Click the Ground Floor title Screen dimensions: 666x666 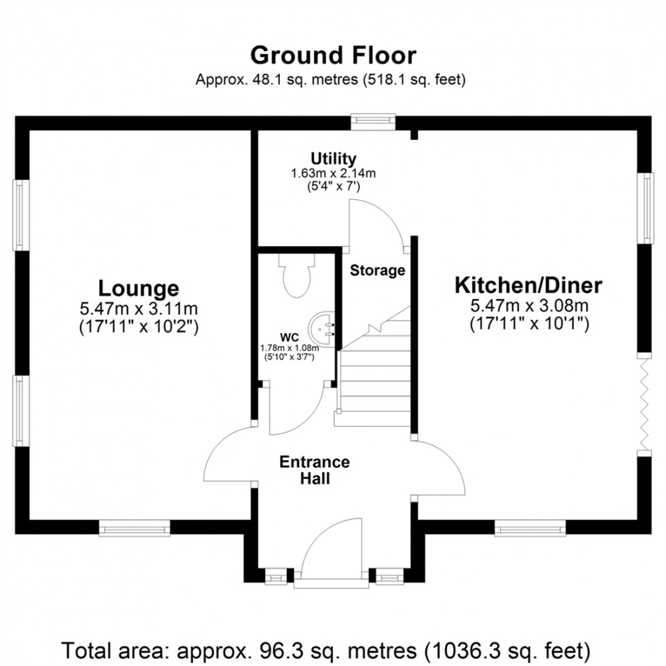coord(333,54)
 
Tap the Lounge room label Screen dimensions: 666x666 coord(139,287)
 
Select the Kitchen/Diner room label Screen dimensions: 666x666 coord(528,285)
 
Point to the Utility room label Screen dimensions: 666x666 coord(333,159)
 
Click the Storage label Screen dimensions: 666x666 coord(377,270)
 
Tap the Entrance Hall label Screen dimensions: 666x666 coord(315,470)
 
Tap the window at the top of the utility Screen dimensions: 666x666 coord(373,120)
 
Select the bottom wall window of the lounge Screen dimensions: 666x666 coord(135,527)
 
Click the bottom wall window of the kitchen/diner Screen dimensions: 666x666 coord(529,527)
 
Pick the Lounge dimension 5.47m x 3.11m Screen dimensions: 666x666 coord(139,309)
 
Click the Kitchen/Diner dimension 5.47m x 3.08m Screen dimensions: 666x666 coord(528,306)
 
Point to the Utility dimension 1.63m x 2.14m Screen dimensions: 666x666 coord(333,173)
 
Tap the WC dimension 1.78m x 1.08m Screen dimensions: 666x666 coord(290,348)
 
